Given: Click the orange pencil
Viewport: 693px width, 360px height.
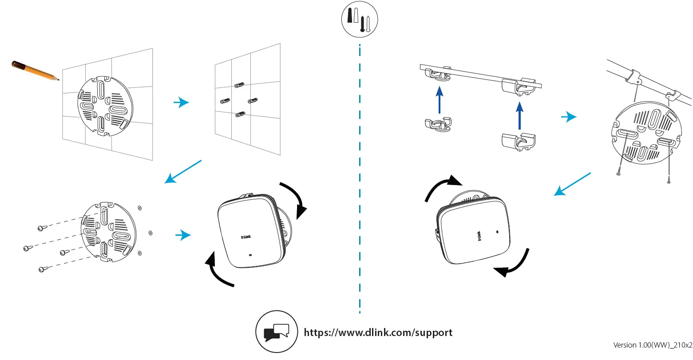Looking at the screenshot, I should tap(34, 71).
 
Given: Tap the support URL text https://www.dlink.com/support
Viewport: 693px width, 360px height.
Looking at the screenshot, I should tap(378, 332).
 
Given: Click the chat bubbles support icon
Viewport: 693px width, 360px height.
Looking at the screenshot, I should tap(276, 332).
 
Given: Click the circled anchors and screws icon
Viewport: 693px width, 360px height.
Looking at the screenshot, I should tap(359, 18).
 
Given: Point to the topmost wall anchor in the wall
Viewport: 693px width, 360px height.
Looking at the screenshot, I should tap(240, 84).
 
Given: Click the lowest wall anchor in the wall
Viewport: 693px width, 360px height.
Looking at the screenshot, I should tap(240, 115).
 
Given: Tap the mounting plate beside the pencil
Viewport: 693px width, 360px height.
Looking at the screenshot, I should tap(105, 105).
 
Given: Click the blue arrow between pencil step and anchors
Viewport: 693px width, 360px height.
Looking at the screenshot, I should tap(181, 103).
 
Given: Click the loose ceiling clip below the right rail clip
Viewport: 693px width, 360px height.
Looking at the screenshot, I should tap(519, 141).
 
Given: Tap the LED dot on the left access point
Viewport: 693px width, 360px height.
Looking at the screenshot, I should tap(250, 255).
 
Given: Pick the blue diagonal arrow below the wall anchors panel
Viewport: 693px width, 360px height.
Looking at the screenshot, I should tap(183, 172).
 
